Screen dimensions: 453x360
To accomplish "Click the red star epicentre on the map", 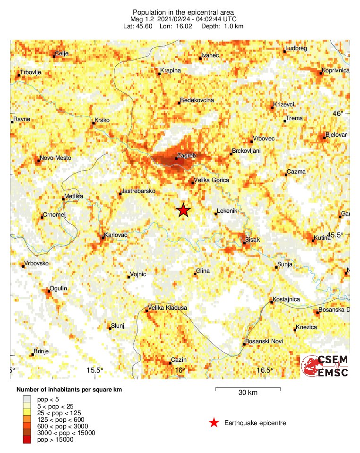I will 183,210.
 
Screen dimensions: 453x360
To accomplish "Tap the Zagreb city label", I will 186,155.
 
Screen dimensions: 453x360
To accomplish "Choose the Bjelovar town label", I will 336,135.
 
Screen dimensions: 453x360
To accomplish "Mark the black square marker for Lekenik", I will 215,214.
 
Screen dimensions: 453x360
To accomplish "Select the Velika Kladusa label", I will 168,308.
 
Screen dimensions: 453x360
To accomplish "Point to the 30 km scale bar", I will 248,389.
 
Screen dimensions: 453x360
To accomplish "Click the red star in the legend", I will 214,423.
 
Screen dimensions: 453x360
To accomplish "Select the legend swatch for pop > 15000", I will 23,440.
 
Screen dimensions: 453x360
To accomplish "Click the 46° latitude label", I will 337,113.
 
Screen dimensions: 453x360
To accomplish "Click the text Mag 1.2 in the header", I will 144,19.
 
